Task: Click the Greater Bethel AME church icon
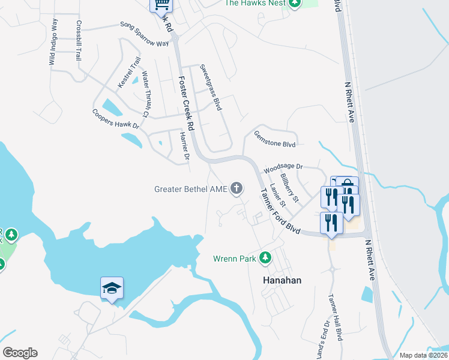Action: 237,189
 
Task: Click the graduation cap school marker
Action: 112,289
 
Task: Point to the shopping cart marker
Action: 161,5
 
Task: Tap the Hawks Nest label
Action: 255,3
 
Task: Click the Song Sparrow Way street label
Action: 145,34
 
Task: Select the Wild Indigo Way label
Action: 53,41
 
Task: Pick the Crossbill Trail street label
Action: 78,41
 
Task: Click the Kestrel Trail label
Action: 129,73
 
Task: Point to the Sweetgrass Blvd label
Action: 211,88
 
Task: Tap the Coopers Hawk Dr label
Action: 115,119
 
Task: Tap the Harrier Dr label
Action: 184,147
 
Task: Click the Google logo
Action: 20,353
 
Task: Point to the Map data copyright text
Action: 423,355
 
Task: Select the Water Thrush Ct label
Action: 145,94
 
